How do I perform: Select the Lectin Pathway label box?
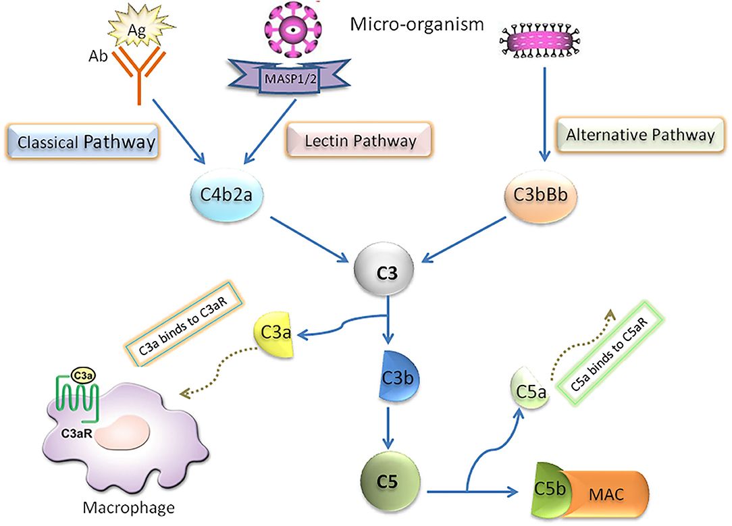(359, 141)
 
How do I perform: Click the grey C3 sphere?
(386, 270)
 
